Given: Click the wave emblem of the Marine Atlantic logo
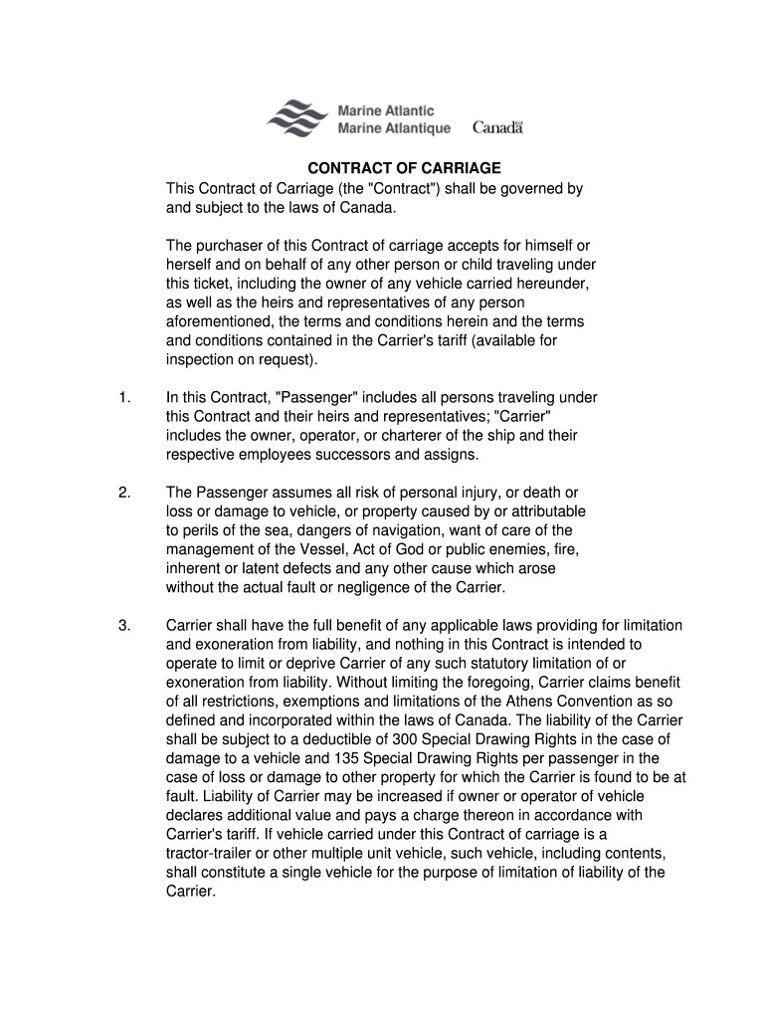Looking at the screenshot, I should coord(297,118).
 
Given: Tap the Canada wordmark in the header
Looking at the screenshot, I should coord(497,127).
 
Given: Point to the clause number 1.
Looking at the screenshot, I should coord(123,398).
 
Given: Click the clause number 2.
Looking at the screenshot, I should coord(123,493).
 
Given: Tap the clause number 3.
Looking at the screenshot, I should coord(123,625).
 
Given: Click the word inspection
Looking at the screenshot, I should coord(200,358).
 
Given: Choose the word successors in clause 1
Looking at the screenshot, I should coord(366,455).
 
